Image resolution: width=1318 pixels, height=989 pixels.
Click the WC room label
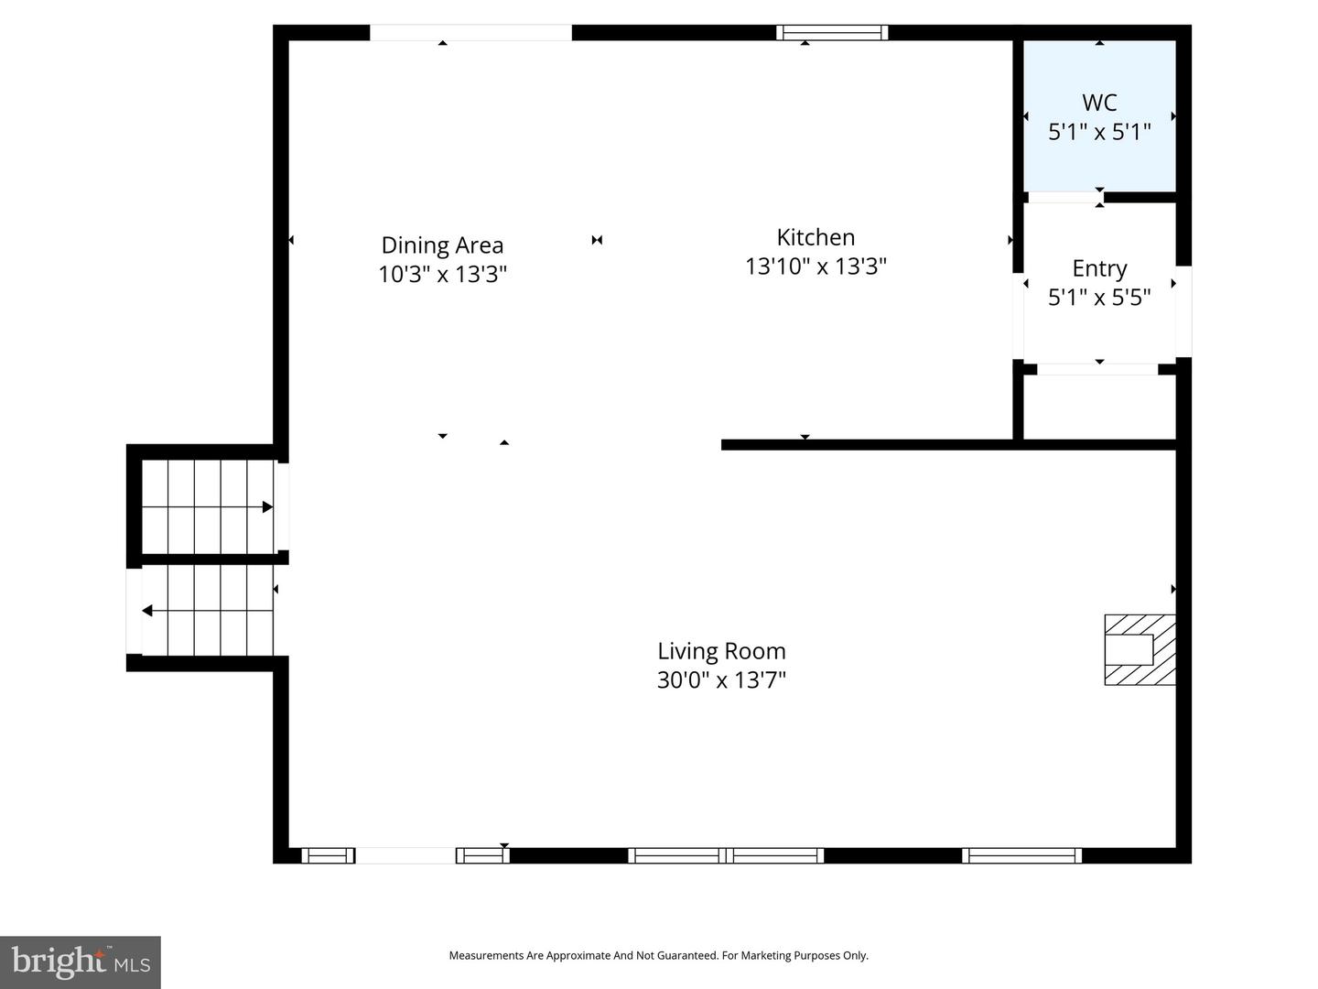pos(1099,103)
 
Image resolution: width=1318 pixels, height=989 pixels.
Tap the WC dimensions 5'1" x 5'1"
pos(1099,132)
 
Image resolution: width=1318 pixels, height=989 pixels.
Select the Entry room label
pos(1099,268)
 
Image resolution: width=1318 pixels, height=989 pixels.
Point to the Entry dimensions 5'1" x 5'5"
pos(1099,298)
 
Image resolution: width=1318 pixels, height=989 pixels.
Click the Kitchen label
pos(816,237)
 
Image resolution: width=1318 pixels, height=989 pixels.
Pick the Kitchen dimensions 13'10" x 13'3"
pos(816,266)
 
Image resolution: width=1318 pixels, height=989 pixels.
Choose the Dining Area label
pos(442,245)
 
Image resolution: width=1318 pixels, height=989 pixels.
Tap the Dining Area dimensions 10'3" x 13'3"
pos(442,275)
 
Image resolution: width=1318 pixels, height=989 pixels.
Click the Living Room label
pos(721,651)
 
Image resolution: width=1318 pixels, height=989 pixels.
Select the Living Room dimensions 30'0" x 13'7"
pos(721,680)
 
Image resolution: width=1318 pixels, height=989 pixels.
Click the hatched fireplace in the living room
pos(1140,649)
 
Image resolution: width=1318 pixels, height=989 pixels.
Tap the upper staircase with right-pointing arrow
pos(209,506)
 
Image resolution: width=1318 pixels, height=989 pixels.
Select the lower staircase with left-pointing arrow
pos(208,611)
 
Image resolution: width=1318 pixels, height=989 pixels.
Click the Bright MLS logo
pos(81,962)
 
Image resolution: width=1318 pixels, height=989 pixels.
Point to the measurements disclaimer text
pos(658,955)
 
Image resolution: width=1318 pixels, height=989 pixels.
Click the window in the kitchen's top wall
pos(832,33)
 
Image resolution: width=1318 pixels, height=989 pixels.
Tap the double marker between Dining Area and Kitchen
pos(597,240)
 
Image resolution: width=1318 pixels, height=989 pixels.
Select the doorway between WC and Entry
pos(1064,197)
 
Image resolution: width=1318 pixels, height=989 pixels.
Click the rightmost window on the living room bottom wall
pos(1021,855)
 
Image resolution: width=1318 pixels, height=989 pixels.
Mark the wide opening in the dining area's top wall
pos(470,33)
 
